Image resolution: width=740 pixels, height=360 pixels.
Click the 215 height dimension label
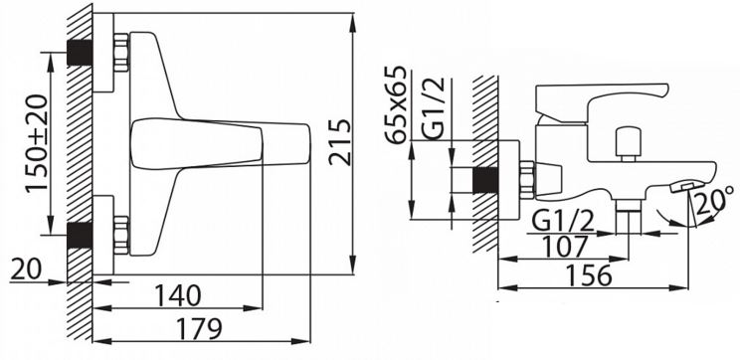(341, 142)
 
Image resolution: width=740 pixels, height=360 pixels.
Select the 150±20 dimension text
(37, 142)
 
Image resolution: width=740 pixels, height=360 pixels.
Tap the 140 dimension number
(177, 295)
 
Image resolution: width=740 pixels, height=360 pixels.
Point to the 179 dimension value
(198, 328)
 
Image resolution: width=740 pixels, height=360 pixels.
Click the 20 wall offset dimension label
(26, 270)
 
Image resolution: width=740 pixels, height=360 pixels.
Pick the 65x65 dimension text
(396, 104)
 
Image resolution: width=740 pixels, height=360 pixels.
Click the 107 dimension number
(564, 247)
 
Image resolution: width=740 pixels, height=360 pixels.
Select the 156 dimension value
(589, 275)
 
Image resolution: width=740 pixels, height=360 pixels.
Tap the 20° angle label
(715, 199)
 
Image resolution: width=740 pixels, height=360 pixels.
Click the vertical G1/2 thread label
(434, 108)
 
